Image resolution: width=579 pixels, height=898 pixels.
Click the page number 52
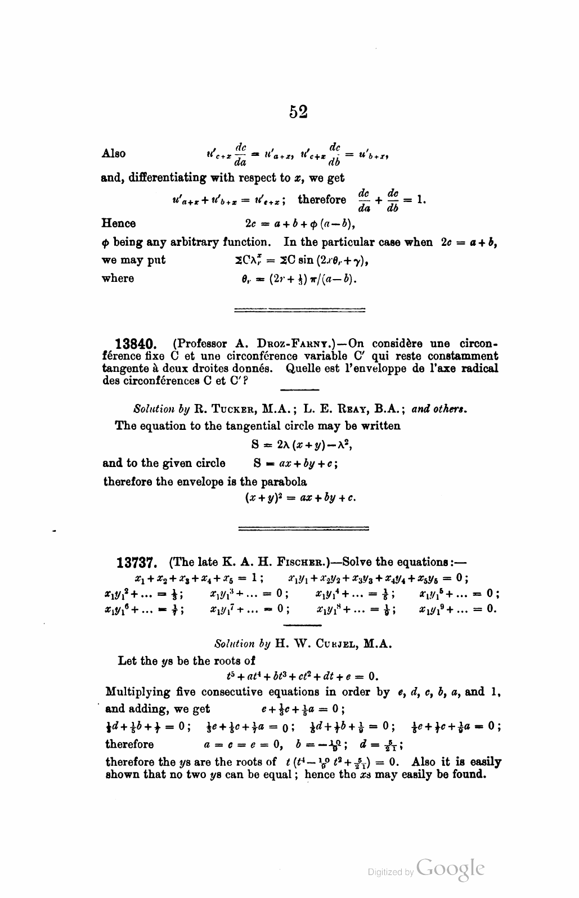[x=298, y=111]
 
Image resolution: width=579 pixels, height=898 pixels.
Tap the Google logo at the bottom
[x=449, y=871]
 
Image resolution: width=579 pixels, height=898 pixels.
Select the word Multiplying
[x=140, y=692]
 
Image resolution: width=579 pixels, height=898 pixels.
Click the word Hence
[x=119, y=223]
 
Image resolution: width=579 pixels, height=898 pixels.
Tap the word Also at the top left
[x=114, y=154]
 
